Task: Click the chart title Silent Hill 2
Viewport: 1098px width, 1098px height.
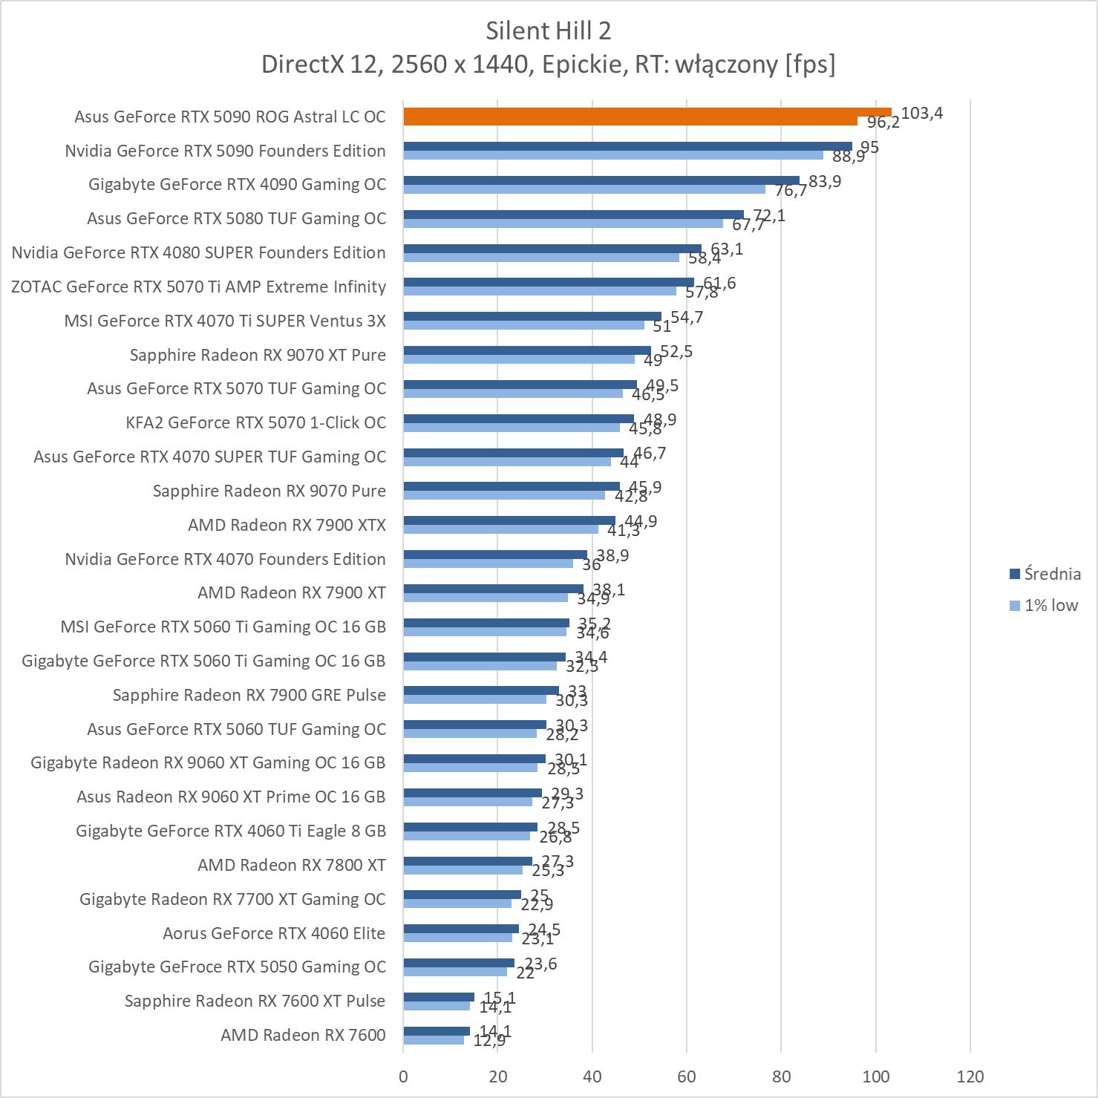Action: (549, 30)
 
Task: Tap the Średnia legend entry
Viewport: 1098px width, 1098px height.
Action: (1044, 574)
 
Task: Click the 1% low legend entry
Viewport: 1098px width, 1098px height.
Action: (1044, 606)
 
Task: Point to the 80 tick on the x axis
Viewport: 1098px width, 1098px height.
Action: (781, 1076)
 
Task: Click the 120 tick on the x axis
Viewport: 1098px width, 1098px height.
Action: (970, 1076)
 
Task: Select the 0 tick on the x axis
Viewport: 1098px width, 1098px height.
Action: (403, 1076)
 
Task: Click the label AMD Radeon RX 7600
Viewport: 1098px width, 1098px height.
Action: (303, 1035)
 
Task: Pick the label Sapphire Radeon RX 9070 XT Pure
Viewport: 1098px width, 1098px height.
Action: (258, 355)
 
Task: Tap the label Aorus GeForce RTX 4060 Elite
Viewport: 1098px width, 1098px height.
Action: (274, 933)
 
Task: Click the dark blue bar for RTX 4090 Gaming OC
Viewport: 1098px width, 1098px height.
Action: (601, 180)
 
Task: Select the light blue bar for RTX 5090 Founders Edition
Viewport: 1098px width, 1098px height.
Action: (612, 155)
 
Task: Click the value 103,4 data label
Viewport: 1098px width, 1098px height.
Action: (922, 114)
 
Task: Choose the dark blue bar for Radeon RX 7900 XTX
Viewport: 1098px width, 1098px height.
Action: (509, 520)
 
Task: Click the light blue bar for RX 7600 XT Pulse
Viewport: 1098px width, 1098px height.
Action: (437, 1006)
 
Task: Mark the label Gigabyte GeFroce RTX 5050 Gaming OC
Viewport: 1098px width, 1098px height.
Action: (237, 967)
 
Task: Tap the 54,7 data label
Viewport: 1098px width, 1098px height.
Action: (686, 318)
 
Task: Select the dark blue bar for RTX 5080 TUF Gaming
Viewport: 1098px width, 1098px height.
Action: (573, 215)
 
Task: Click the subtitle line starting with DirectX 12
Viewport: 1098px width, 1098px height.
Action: (549, 65)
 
